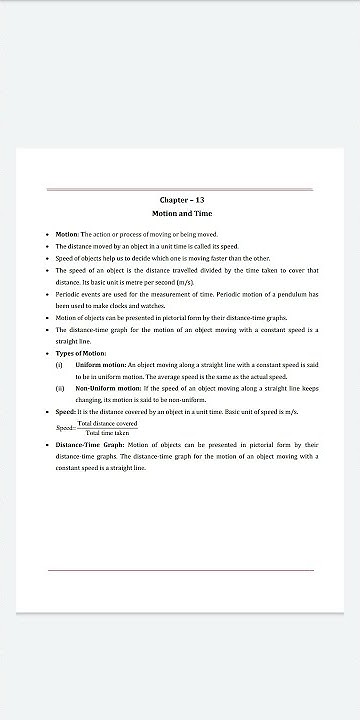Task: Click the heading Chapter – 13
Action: pos(180,200)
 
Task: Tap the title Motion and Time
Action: pos(180,214)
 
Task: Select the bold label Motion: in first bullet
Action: pos(67,233)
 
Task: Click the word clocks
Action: pos(140,305)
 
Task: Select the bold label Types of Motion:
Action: pos(80,353)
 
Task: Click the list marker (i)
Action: pos(59,365)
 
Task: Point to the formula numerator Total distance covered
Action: pos(107,423)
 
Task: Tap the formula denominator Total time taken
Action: pos(107,433)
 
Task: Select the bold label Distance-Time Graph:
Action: pos(90,443)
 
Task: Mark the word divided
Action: pos(210,270)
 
